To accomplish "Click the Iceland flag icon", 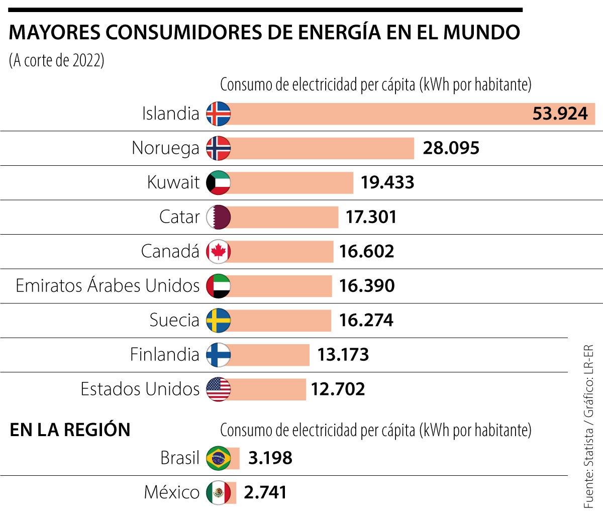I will pos(219,114).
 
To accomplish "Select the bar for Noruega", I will pos(322,148).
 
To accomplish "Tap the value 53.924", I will pos(560,114).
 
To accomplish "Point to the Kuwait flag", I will pos(219,183).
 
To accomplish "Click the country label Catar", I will pos(179,217).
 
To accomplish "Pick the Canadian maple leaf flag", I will pos(219,252).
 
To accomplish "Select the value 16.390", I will pos(367,286).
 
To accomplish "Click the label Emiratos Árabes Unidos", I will pos(108,286).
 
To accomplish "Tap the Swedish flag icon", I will pos(219,321).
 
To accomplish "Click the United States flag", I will pos(219,389).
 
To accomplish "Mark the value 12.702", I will pos(338,389).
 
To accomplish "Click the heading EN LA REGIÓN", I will pos(70,430).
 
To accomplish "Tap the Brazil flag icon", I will pos(219,458).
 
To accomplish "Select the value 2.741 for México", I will pos(265,492).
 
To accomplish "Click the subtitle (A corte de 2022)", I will pos(57,61).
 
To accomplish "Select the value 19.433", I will pos(387,182).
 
